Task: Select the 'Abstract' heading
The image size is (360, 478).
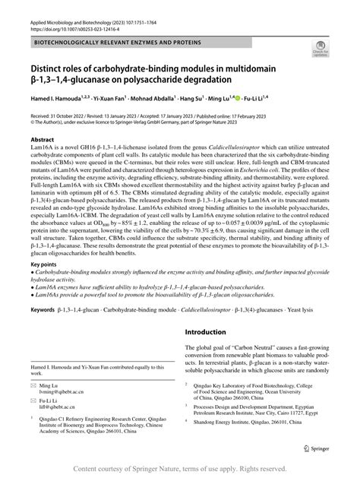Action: click(42, 141)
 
